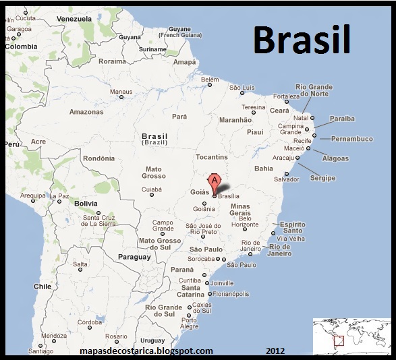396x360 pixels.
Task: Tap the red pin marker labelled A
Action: [x=215, y=181]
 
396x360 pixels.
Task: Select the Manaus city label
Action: [x=121, y=92]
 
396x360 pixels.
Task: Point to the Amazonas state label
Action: [x=85, y=111]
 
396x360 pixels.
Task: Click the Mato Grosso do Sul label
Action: [x=160, y=244]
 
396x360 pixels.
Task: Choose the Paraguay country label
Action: [x=134, y=257]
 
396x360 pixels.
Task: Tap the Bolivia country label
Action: [x=86, y=203]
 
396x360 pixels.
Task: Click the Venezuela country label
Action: [x=75, y=19]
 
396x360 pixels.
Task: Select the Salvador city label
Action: [x=285, y=179]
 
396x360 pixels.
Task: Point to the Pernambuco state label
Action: [x=351, y=139]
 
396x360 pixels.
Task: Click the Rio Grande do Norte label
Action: [x=314, y=90]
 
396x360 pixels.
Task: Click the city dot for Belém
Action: [x=210, y=85]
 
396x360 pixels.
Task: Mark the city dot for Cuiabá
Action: [x=151, y=196]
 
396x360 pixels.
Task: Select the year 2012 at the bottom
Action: [x=275, y=351]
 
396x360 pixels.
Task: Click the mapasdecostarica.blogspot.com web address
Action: [x=146, y=351]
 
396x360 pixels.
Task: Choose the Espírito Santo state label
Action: [x=293, y=228]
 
